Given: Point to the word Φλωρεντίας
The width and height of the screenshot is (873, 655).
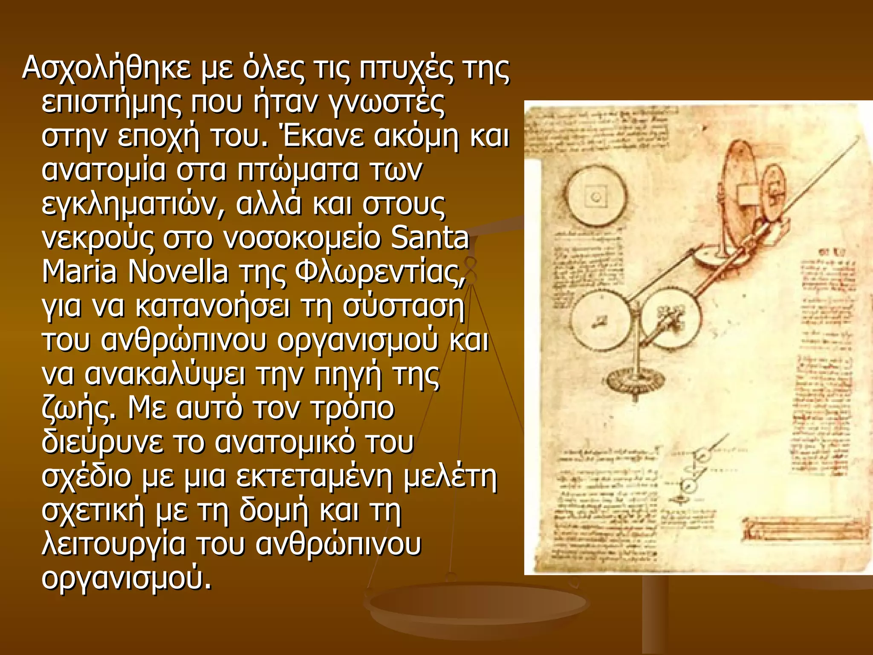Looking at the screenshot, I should tap(379, 272).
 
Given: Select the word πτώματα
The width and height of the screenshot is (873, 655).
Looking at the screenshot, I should tap(298, 170).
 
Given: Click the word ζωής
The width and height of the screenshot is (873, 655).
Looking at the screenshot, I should tap(78, 409).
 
